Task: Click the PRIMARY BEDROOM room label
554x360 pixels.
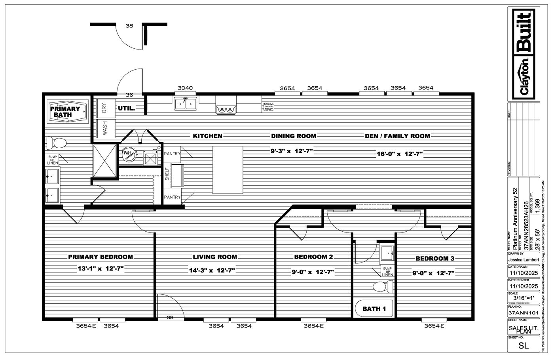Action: point(100,257)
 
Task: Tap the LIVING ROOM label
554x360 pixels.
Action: point(215,257)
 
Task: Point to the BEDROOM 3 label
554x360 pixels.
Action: point(434,259)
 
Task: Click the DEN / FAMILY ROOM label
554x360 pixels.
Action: point(397,136)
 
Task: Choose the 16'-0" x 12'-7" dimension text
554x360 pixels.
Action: point(400,154)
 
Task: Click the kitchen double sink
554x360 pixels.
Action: point(185,104)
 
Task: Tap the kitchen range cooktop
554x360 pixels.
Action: point(226,109)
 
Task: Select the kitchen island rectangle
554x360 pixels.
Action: point(228,170)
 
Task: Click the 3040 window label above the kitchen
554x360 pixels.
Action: point(185,88)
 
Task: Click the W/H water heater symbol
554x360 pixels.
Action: point(128,154)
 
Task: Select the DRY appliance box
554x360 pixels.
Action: point(105,108)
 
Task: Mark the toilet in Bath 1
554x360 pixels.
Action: point(383,286)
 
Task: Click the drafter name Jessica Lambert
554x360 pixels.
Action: point(524,260)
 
